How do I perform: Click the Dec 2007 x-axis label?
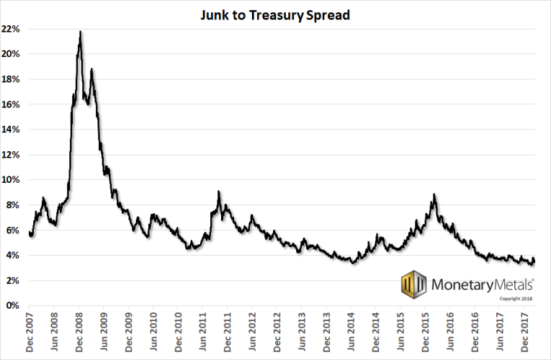pos(30,333)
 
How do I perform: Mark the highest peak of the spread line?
pos(80,32)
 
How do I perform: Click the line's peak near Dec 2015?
pos(434,194)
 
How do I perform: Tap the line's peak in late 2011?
pos(218,192)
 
